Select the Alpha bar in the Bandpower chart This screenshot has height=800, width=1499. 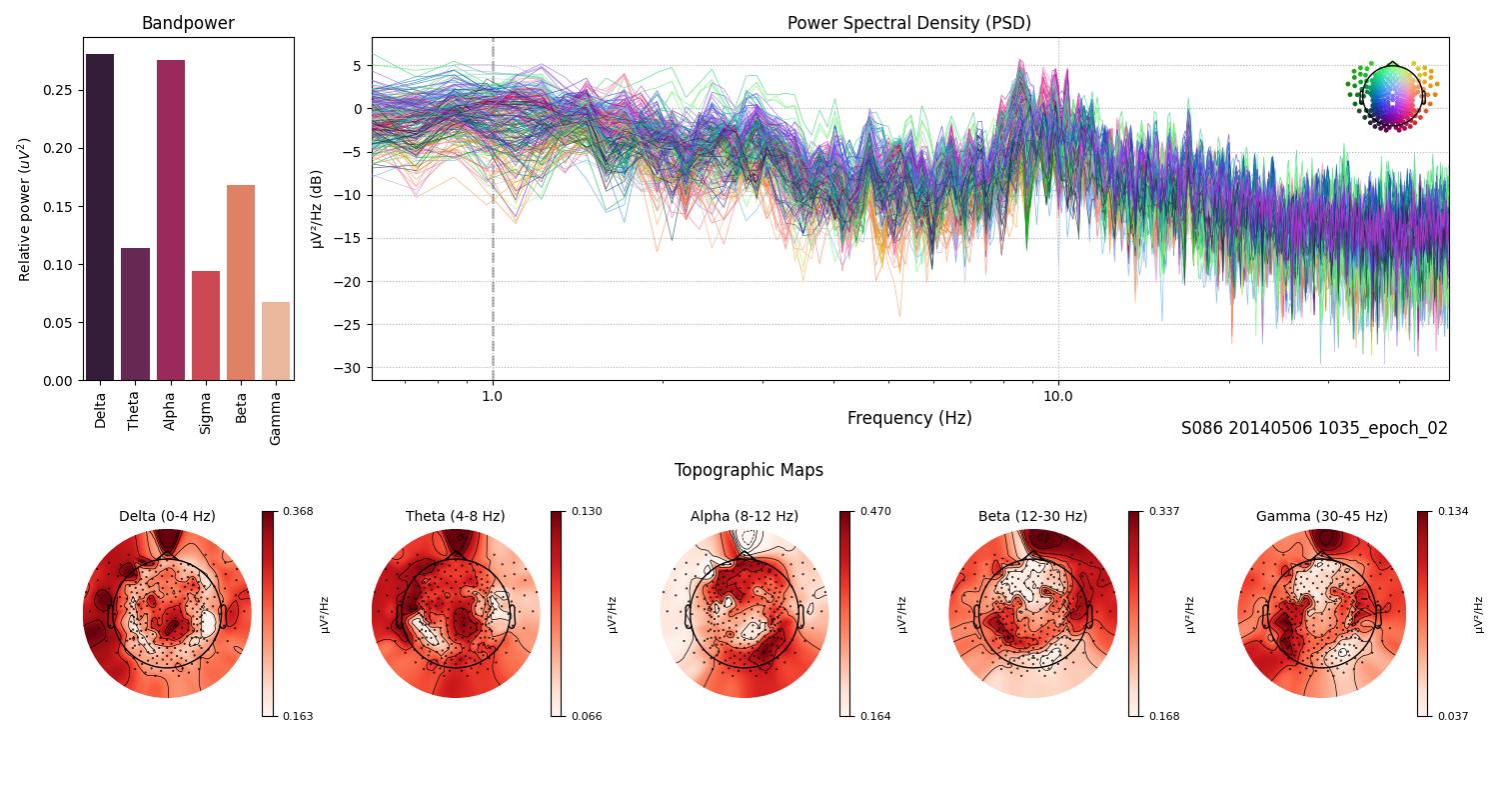[x=171, y=220]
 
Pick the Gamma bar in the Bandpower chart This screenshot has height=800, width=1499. [x=276, y=341]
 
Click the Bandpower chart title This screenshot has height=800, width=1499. [x=188, y=23]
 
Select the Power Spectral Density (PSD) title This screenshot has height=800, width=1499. [x=908, y=23]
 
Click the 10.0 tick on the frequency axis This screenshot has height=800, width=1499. [x=1058, y=395]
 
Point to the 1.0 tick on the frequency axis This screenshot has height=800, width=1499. [x=492, y=395]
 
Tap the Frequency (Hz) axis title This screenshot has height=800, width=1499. [x=908, y=418]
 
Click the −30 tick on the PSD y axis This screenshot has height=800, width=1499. [x=351, y=367]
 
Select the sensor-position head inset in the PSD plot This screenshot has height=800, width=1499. [x=1391, y=96]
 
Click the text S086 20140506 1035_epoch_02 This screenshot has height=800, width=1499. [x=1314, y=428]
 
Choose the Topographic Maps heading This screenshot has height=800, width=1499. [x=749, y=470]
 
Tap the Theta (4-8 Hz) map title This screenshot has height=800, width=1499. [x=455, y=516]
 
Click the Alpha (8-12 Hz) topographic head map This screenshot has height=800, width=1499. [x=745, y=613]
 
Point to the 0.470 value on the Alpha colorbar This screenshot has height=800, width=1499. [x=875, y=511]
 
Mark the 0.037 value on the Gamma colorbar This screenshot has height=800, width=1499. [x=1453, y=716]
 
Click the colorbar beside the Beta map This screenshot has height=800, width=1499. [x=1134, y=613]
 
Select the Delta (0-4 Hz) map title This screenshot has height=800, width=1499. [x=167, y=516]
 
